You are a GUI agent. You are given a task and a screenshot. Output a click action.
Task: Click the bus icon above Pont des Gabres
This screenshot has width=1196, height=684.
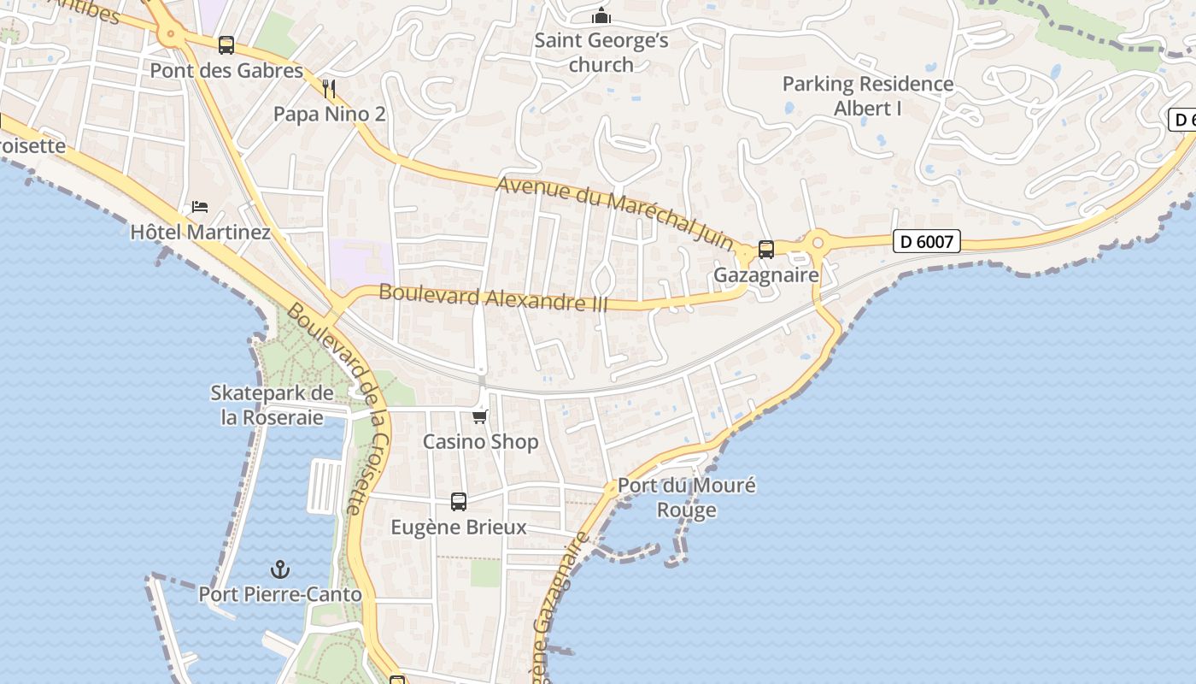click(226, 44)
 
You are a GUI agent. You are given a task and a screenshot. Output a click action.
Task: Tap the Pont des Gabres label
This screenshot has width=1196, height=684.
click(226, 71)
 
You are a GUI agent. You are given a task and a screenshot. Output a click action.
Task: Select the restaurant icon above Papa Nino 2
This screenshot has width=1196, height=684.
click(329, 88)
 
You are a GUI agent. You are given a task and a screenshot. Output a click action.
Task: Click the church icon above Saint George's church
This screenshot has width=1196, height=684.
click(601, 16)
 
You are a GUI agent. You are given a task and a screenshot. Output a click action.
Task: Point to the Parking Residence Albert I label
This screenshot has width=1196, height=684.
click(868, 96)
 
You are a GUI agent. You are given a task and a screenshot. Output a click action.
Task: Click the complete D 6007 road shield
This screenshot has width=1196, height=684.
click(927, 242)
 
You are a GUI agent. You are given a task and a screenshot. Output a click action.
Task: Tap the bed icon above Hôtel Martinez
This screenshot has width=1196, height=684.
click(200, 207)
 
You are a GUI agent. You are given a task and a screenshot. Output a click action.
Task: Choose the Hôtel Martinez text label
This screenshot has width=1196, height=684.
click(200, 233)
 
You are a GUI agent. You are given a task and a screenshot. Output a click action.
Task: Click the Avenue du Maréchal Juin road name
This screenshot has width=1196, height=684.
click(615, 207)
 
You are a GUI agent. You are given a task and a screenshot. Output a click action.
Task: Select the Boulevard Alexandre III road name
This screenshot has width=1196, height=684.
click(493, 298)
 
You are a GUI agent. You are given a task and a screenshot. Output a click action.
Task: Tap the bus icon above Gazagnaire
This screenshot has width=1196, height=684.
click(766, 250)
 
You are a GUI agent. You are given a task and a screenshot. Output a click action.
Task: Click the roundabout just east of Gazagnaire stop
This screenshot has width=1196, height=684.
click(817, 243)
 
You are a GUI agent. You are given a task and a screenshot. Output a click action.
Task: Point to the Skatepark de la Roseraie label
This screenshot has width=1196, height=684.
click(272, 405)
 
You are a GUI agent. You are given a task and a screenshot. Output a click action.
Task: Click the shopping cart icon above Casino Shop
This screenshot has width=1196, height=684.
click(480, 416)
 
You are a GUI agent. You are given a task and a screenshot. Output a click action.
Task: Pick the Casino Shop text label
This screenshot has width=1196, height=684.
click(481, 442)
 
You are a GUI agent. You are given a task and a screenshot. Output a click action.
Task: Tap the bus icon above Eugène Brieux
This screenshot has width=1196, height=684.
click(459, 502)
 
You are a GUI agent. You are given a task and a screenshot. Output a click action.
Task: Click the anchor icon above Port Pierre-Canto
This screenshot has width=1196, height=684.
click(280, 569)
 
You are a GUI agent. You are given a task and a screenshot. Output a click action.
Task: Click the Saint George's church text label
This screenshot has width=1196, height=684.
click(601, 52)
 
